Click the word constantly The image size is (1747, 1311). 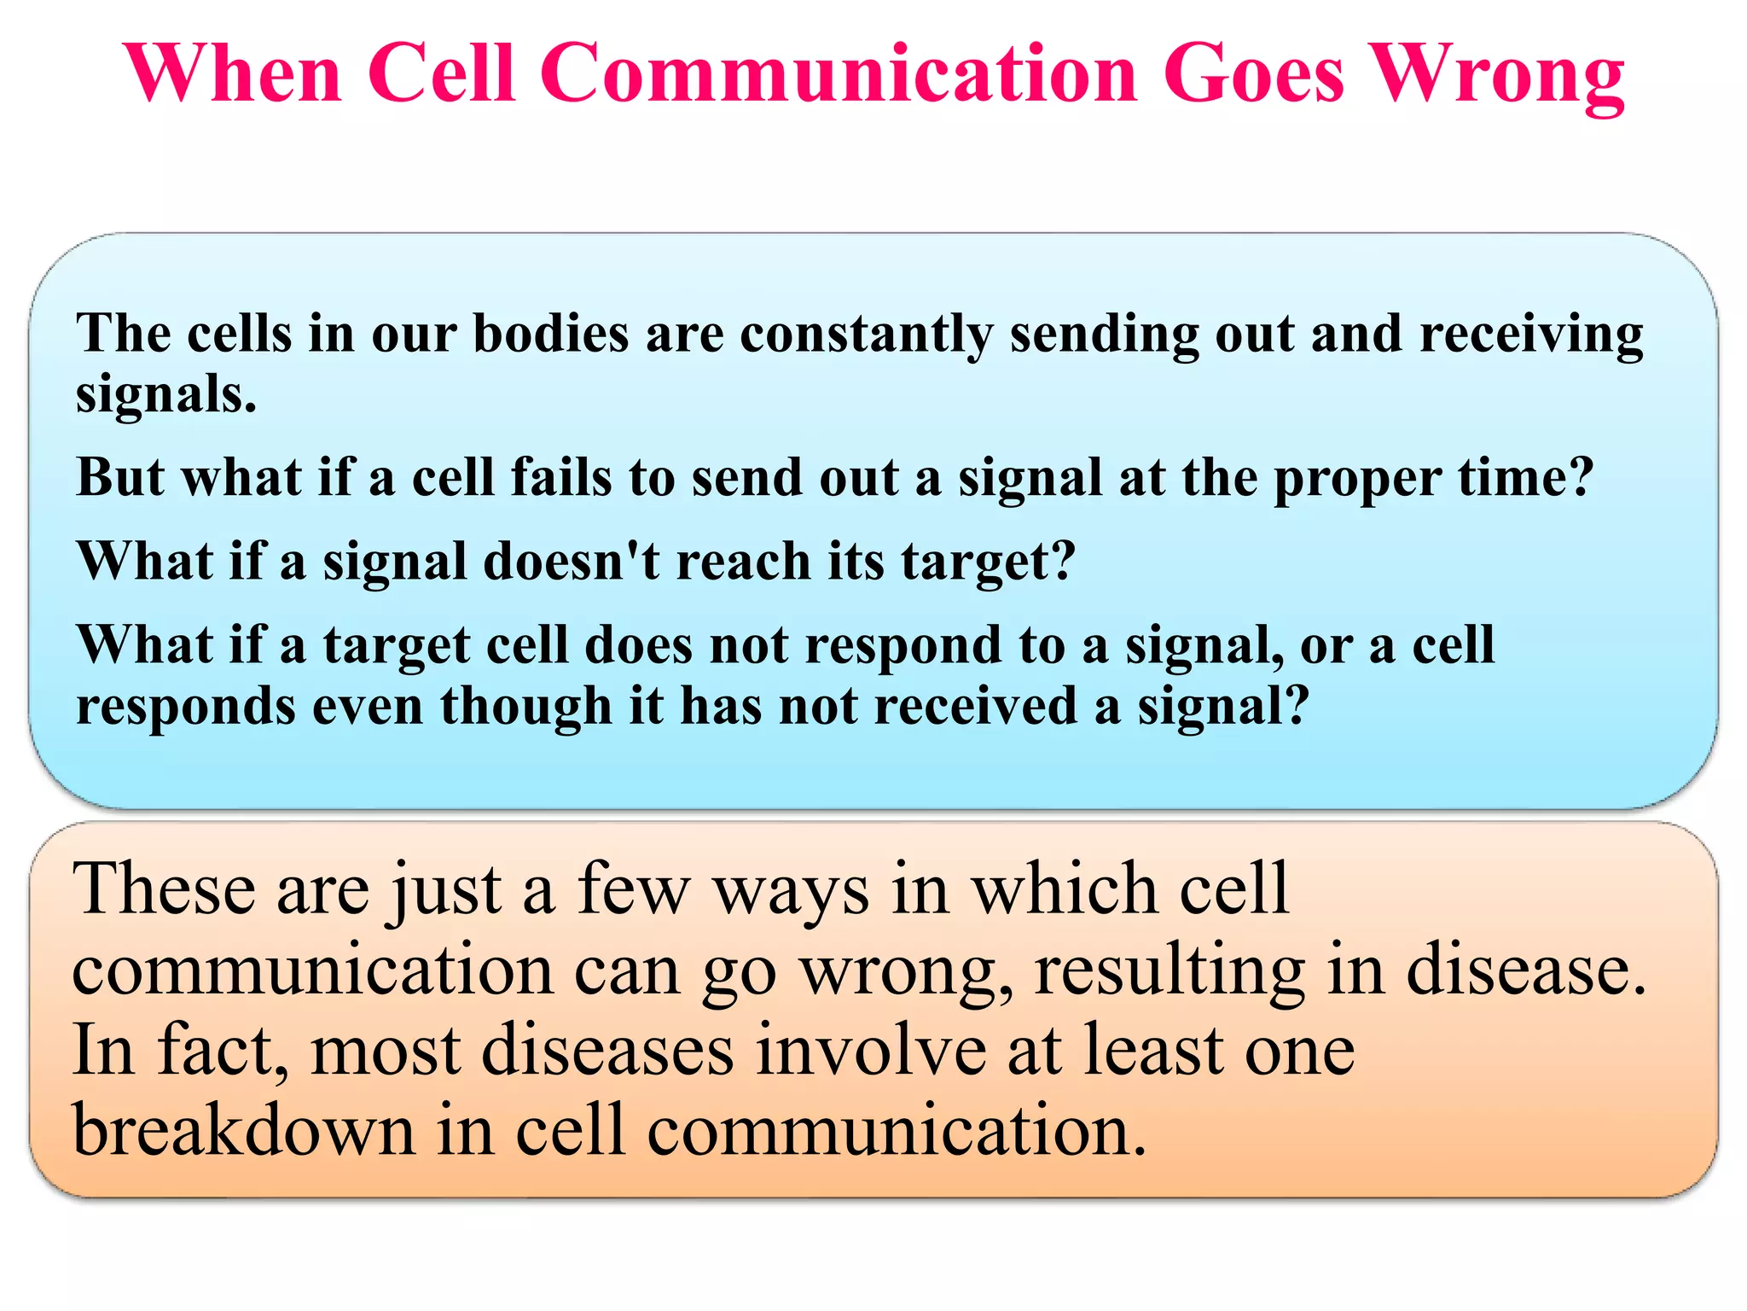[x=866, y=335]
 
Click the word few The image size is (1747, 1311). [x=633, y=889]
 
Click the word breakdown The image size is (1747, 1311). [x=244, y=1130]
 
